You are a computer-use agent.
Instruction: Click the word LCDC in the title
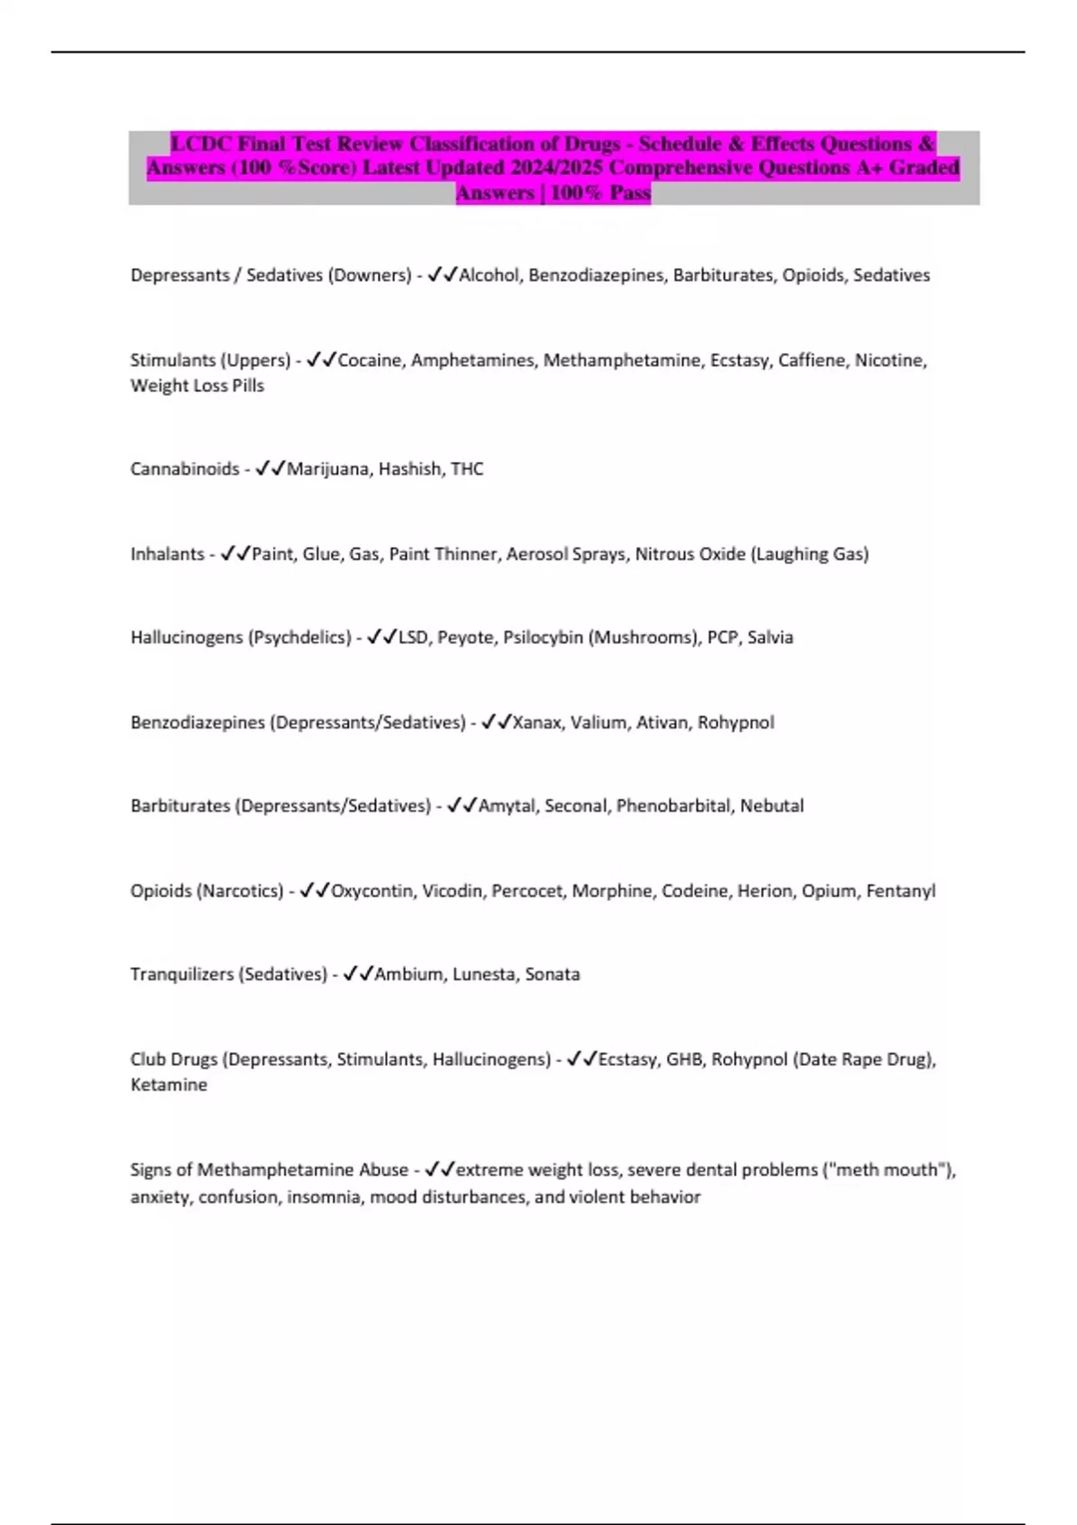click(200, 144)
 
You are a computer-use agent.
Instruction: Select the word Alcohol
click(488, 275)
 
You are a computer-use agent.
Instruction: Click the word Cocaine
click(369, 361)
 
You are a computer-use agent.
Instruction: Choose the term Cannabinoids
click(185, 469)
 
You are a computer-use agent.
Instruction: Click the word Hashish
click(409, 469)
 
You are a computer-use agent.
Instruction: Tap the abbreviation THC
click(467, 469)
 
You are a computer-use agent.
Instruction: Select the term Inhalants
click(167, 554)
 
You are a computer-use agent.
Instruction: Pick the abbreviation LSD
click(413, 638)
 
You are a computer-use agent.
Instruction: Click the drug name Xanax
click(536, 723)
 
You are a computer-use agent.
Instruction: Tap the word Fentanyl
click(900, 891)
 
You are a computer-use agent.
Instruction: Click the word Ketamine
click(169, 1085)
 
